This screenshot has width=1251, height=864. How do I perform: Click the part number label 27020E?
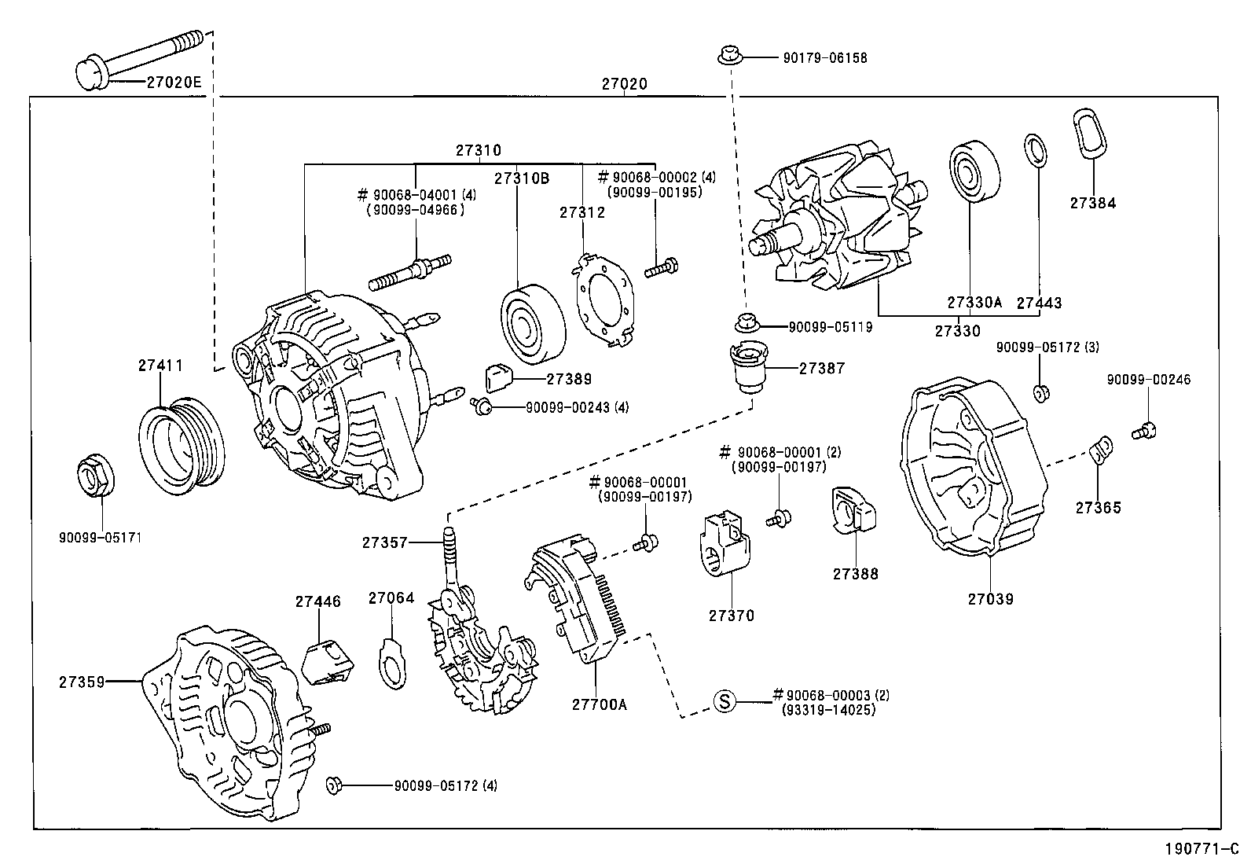[x=174, y=81]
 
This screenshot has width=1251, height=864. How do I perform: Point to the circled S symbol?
[x=724, y=700]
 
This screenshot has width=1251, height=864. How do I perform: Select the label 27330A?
[x=974, y=303]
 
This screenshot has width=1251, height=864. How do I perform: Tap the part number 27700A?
[x=599, y=704]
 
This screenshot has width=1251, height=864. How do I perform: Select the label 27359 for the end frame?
[x=82, y=682]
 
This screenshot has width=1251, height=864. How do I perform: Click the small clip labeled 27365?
[x=1102, y=449]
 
